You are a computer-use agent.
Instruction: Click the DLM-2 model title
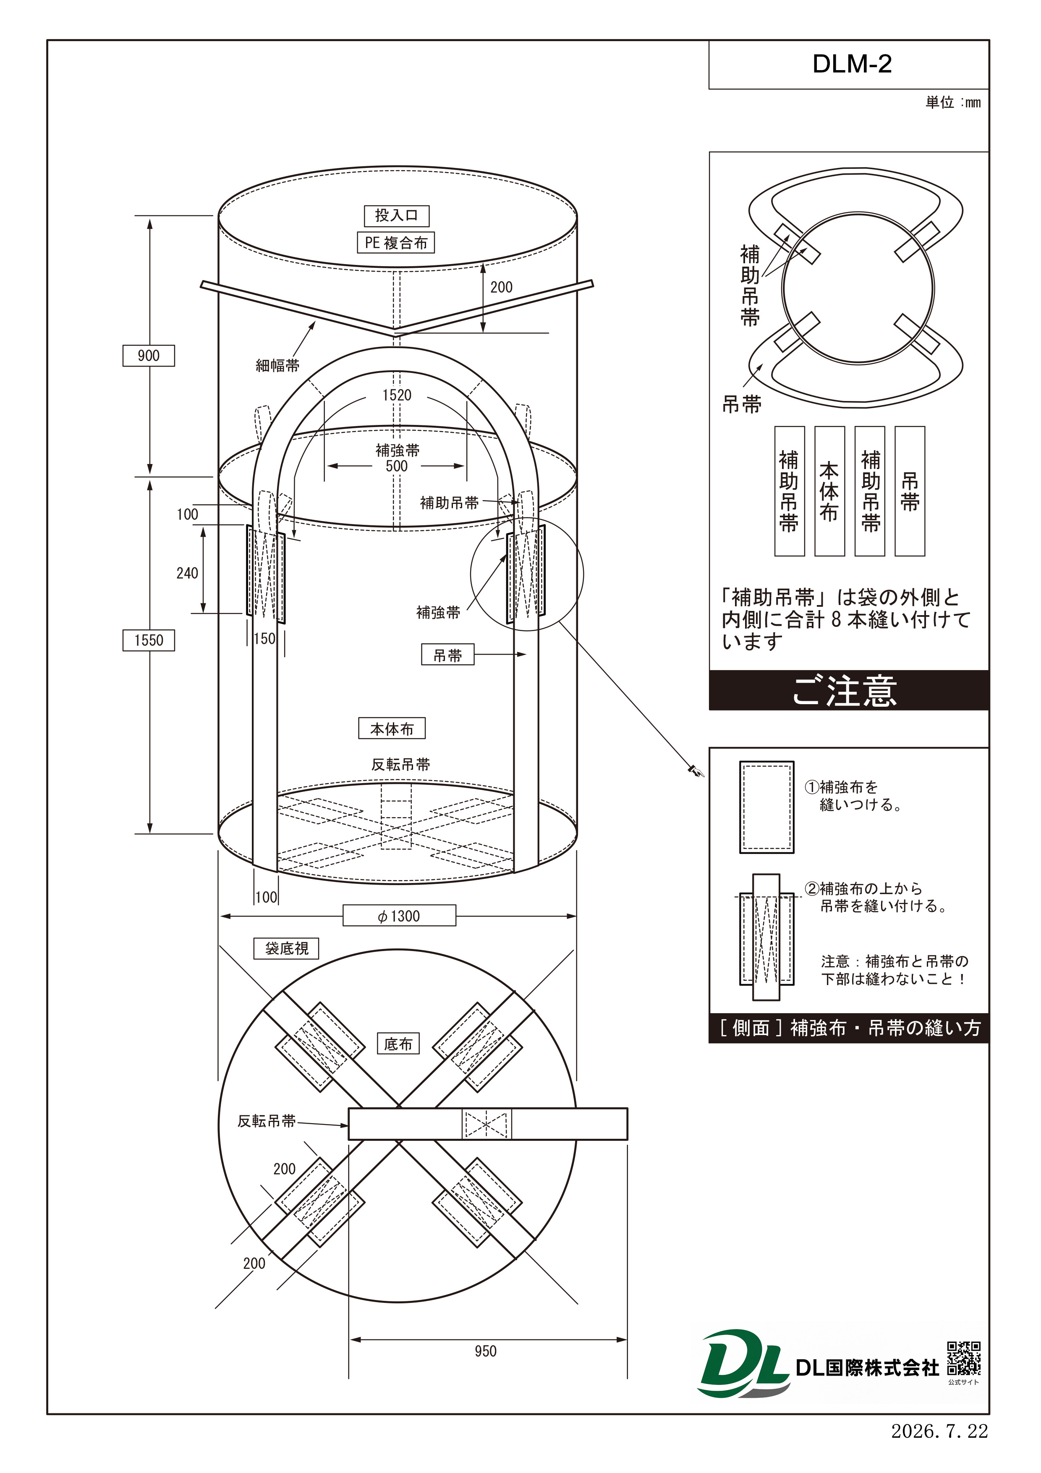pos(852,64)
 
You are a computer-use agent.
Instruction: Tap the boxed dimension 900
pos(149,355)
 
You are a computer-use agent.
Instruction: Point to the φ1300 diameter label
pos(399,915)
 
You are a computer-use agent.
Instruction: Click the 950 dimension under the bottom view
pos(486,1351)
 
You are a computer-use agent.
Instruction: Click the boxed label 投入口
pos(396,215)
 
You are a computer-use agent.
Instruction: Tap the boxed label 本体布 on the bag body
pos(392,729)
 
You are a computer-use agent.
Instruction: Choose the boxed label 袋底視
pos(286,948)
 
